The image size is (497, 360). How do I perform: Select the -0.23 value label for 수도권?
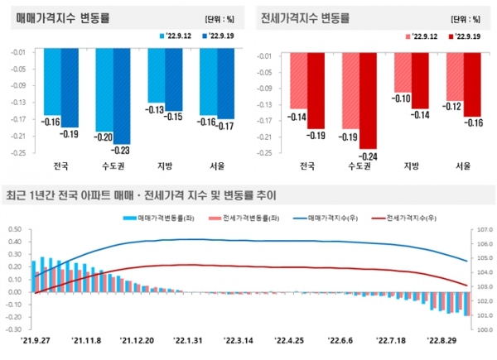pos(121,151)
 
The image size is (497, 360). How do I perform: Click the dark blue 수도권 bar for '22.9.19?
pos(121,95)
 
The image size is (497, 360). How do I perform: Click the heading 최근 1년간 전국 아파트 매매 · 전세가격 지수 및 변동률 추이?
pos(141,195)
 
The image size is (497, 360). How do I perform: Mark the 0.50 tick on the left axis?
pos(15,228)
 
